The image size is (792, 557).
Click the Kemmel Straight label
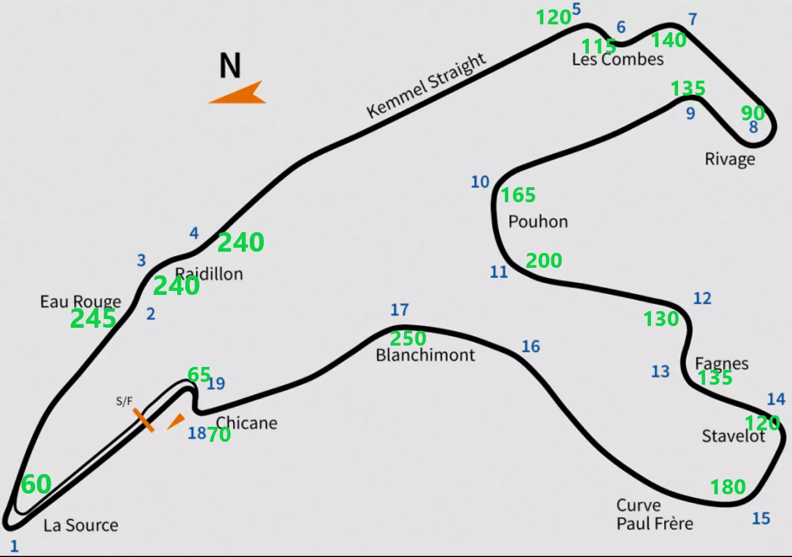click(x=427, y=85)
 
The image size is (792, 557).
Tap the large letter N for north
click(x=230, y=66)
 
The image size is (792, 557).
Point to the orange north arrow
click(x=239, y=94)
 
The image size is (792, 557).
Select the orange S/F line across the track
click(x=143, y=420)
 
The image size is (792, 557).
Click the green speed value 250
click(x=408, y=338)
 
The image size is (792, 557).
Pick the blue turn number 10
click(x=480, y=182)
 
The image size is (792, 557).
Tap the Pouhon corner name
click(x=538, y=222)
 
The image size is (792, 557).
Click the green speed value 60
click(x=36, y=484)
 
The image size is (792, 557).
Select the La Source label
click(x=81, y=525)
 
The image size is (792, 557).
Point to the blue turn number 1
click(x=14, y=545)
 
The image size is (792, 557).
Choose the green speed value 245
click(x=93, y=319)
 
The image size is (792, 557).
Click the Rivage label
click(x=730, y=159)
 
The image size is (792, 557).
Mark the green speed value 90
click(x=753, y=113)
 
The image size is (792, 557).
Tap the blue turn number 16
click(x=531, y=346)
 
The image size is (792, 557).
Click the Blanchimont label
click(x=425, y=355)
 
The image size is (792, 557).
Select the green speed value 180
click(x=728, y=487)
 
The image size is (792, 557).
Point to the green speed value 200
click(x=544, y=261)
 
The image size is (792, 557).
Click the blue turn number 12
click(x=702, y=298)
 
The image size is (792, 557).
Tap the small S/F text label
click(x=124, y=401)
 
